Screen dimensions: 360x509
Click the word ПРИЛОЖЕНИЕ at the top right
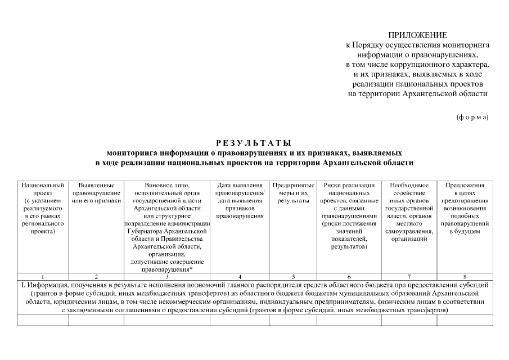pyautogui.click(x=417, y=35)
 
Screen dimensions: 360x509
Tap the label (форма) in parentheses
pyautogui.click(x=472, y=117)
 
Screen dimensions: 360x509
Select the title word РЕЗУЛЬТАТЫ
pyautogui.click(x=254, y=142)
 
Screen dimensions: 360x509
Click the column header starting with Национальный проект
pyautogui.click(x=42, y=208)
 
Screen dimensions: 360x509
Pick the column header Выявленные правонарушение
pyautogui.click(x=97, y=192)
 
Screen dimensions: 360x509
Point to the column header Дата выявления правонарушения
pyautogui.click(x=240, y=200)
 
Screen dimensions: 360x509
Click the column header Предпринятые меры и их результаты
pyautogui.click(x=293, y=192)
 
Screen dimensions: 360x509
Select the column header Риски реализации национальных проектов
pyautogui.click(x=349, y=215)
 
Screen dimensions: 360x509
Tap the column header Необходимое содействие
pyautogui.click(x=409, y=211)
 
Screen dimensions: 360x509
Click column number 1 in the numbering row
pyautogui.click(x=42, y=277)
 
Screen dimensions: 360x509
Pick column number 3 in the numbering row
pyautogui.click(x=167, y=277)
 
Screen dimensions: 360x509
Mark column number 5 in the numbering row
pyautogui.click(x=293, y=277)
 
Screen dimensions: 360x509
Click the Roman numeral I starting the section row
pyautogui.click(x=21, y=285)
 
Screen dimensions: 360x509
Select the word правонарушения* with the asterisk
pyautogui.click(x=167, y=269)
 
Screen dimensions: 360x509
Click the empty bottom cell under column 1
pyautogui.click(x=42, y=320)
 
